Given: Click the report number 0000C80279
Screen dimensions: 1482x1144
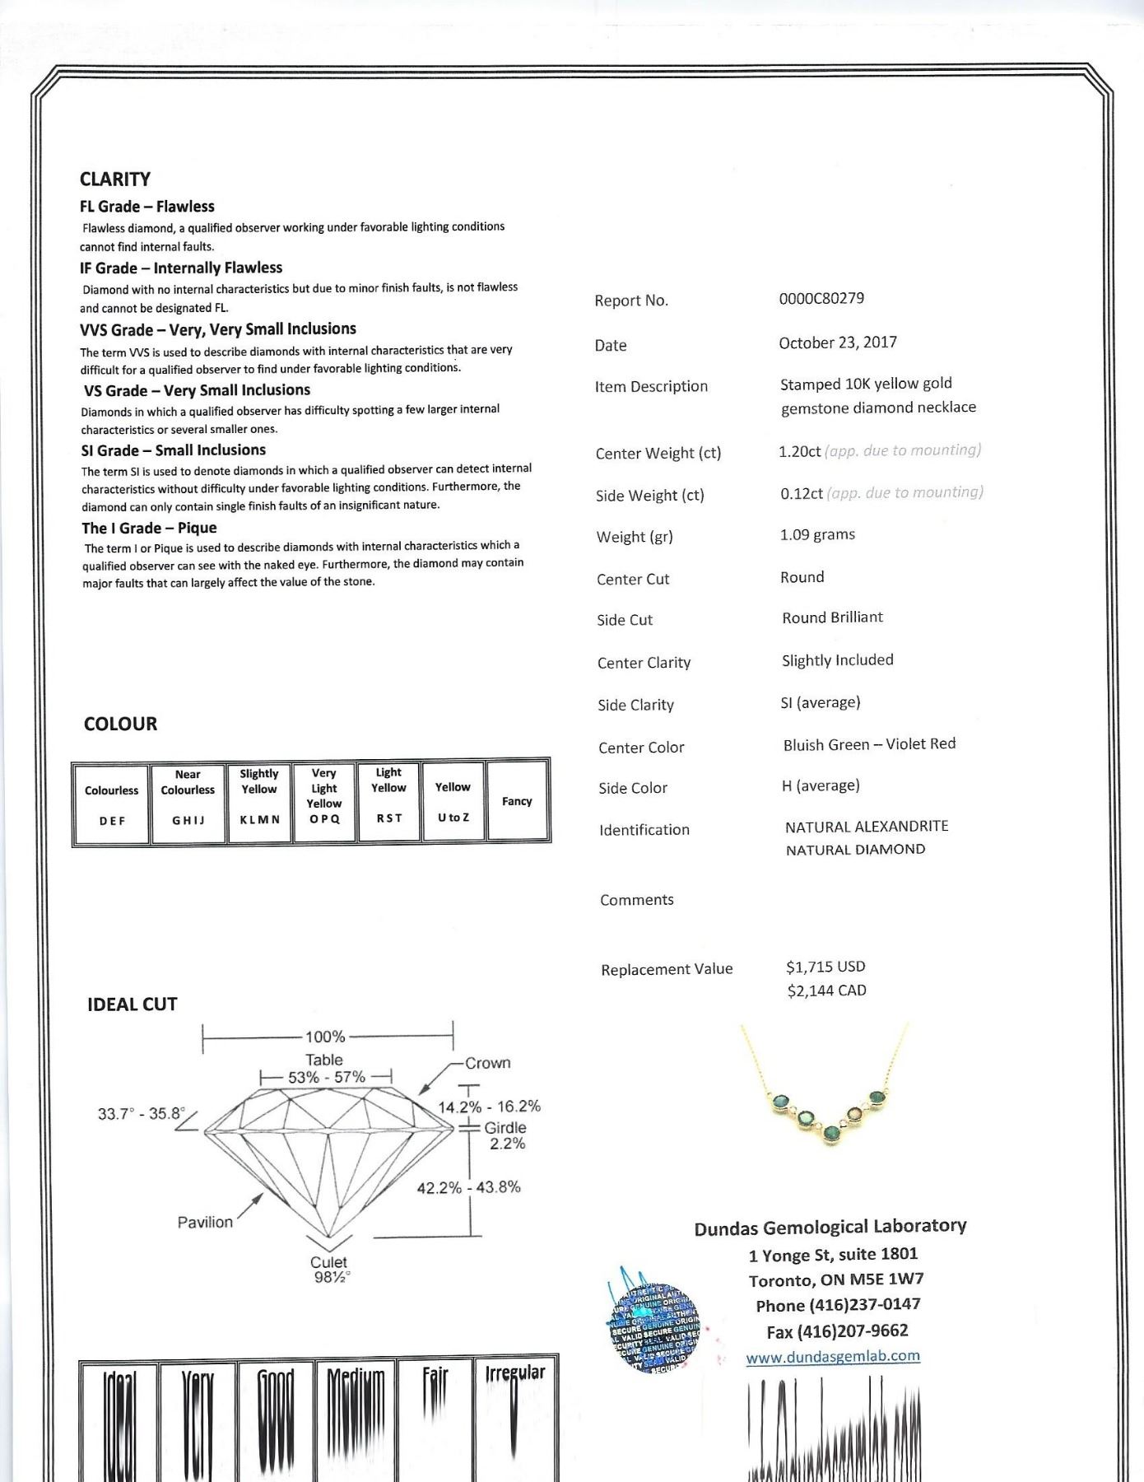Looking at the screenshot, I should pyautogui.click(x=821, y=298).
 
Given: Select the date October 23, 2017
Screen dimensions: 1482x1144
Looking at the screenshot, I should pyautogui.click(x=838, y=343).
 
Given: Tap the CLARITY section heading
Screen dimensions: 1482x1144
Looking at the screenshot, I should pyautogui.click(x=115, y=179).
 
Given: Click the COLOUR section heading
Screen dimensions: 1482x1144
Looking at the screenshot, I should pyautogui.click(x=120, y=724).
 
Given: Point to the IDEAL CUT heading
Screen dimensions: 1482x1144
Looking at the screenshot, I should pyautogui.click(x=133, y=1004).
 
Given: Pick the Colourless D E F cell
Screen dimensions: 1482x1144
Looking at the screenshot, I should pyautogui.click(x=112, y=803).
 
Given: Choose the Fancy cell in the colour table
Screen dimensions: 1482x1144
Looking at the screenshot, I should pyautogui.click(x=518, y=801).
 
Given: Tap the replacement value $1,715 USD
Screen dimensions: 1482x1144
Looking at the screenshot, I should pyautogui.click(x=825, y=967).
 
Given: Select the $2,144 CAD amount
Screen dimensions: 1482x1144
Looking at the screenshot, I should pyautogui.click(x=826, y=990).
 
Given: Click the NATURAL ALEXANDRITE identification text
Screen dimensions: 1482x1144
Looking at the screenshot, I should pyautogui.click(x=867, y=827).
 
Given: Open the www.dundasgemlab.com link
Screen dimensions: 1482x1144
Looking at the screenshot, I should pyautogui.click(x=833, y=1356).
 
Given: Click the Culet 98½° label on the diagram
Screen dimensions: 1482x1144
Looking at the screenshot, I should pyautogui.click(x=329, y=1269).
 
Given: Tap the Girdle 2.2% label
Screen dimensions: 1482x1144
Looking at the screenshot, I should pyautogui.click(x=505, y=1135).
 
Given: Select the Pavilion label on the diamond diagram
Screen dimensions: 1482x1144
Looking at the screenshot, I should pyautogui.click(x=205, y=1223).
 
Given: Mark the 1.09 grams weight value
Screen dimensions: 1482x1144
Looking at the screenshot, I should pyautogui.click(x=817, y=535).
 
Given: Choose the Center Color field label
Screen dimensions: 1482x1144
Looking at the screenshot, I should pyautogui.click(x=641, y=748).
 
